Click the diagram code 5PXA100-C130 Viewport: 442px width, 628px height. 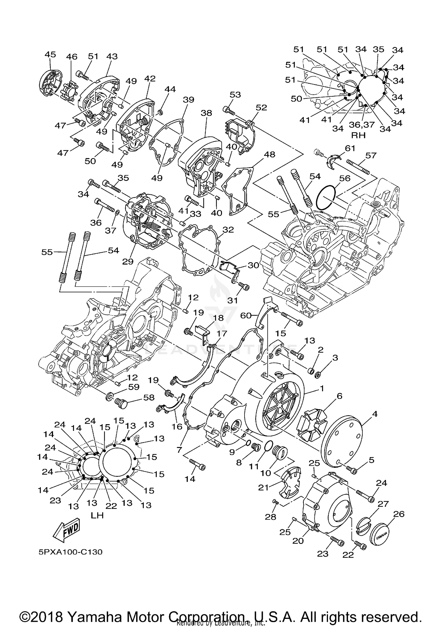(x=70, y=552)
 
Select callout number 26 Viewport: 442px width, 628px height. (x=399, y=514)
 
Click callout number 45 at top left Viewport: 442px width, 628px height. (x=50, y=54)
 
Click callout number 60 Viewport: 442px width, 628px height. (x=246, y=316)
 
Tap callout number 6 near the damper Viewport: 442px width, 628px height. (x=339, y=396)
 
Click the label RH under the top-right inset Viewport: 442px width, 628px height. (x=358, y=135)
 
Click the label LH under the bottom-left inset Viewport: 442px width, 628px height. (x=97, y=516)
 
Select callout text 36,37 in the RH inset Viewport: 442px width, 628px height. (x=362, y=125)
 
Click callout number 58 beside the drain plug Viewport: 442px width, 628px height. (x=149, y=397)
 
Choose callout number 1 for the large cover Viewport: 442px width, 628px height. (x=322, y=389)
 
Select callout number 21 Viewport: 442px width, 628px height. (x=263, y=487)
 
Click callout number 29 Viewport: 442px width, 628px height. (x=128, y=261)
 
